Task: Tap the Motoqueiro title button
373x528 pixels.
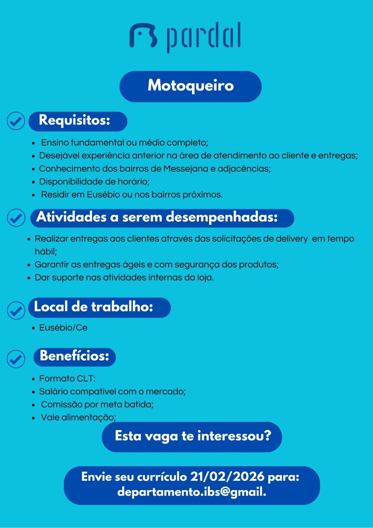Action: pyautogui.click(x=190, y=86)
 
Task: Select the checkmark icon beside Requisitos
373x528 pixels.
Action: pyautogui.click(x=16, y=121)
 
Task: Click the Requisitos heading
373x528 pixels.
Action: pyautogui.click(x=75, y=120)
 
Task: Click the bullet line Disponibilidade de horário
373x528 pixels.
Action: pyautogui.click(x=94, y=181)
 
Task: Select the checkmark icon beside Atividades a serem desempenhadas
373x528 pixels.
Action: pyautogui.click(x=16, y=218)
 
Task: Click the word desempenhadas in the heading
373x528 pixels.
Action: pyautogui.click(x=222, y=217)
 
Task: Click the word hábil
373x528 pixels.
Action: pyautogui.click(x=46, y=251)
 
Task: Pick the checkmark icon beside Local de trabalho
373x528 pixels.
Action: pyautogui.click(x=16, y=310)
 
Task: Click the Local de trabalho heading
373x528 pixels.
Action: pyautogui.click(x=94, y=307)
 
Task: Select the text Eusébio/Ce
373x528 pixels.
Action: pyautogui.click(x=63, y=328)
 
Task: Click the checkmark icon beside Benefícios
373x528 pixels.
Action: pyautogui.click(x=16, y=359)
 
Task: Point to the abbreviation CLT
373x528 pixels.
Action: pyautogui.click(x=86, y=379)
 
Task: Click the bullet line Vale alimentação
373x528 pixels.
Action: pyautogui.click(x=78, y=417)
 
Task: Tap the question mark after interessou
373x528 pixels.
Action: pyautogui.click(x=267, y=436)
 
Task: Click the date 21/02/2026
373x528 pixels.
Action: pyautogui.click(x=228, y=477)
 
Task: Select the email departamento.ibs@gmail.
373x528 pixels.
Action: pyautogui.click(x=192, y=492)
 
